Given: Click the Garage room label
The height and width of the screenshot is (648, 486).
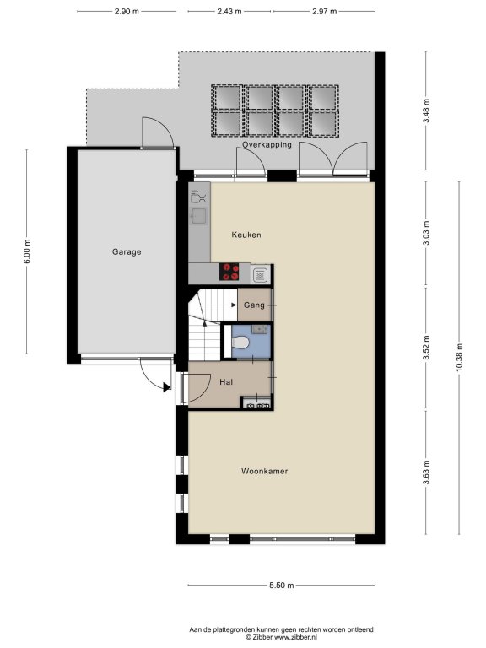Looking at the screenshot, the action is [x=127, y=251].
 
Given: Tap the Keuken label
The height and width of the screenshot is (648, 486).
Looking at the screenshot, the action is [x=246, y=235].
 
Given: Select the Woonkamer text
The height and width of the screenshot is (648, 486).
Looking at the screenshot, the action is [x=264, y=471].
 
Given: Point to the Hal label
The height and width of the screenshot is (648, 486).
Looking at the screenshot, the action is [x=226, y=382].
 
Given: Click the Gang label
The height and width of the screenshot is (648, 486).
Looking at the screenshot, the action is [x=254, y=305].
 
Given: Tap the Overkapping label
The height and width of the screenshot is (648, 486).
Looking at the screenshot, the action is [x=267, y=145].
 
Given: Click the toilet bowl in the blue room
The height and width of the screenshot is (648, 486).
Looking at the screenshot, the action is [x=240, y=343].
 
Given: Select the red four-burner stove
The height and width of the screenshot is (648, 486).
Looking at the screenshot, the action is [x=229, y=272].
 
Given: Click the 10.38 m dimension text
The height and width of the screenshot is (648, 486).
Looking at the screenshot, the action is [x=459, y=358].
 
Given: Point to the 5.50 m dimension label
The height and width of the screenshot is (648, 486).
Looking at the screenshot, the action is [x=282, y=586].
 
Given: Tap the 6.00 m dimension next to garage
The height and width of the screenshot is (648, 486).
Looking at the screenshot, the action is [x=27, y=251].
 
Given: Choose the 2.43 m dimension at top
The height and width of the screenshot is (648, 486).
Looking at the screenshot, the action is [x=229, y=12].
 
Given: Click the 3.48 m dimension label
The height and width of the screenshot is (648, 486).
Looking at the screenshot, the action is [x=426, y=111].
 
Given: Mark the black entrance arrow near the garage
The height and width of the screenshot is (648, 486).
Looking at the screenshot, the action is [x=166, y=387].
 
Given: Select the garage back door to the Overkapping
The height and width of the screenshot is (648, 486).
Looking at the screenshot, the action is [x=158, y=132].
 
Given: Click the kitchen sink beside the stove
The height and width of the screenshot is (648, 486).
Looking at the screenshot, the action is [x=261, y=274].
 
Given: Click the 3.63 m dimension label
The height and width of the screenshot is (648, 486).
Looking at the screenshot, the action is [x=426, y=472].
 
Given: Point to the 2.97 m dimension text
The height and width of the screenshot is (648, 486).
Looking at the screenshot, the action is [x=324, y=12].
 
